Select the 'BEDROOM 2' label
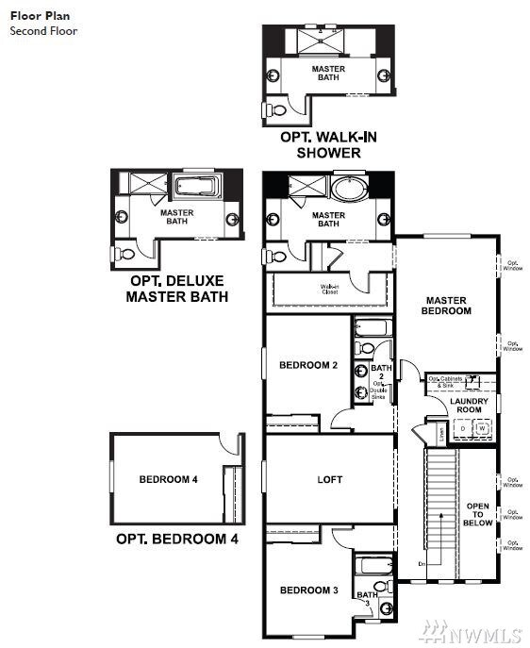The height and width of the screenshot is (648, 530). (308, 365)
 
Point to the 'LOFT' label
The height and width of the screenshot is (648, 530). (329, 479)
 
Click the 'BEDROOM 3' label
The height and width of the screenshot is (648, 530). (308, 590)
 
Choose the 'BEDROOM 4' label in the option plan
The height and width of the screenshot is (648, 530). (168, 479)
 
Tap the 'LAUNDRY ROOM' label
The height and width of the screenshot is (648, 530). (469, 406)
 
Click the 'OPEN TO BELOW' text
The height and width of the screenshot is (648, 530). (478, 514)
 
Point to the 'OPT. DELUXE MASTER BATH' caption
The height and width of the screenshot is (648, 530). (177, 289)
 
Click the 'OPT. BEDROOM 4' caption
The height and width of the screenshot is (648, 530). (176, 540)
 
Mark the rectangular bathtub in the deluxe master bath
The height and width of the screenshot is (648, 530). (195, 182)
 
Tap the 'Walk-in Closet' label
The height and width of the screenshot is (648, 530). (329, 290)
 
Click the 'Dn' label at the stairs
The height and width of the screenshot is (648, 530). (422, 563)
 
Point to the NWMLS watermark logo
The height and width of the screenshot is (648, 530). (481, 626)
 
